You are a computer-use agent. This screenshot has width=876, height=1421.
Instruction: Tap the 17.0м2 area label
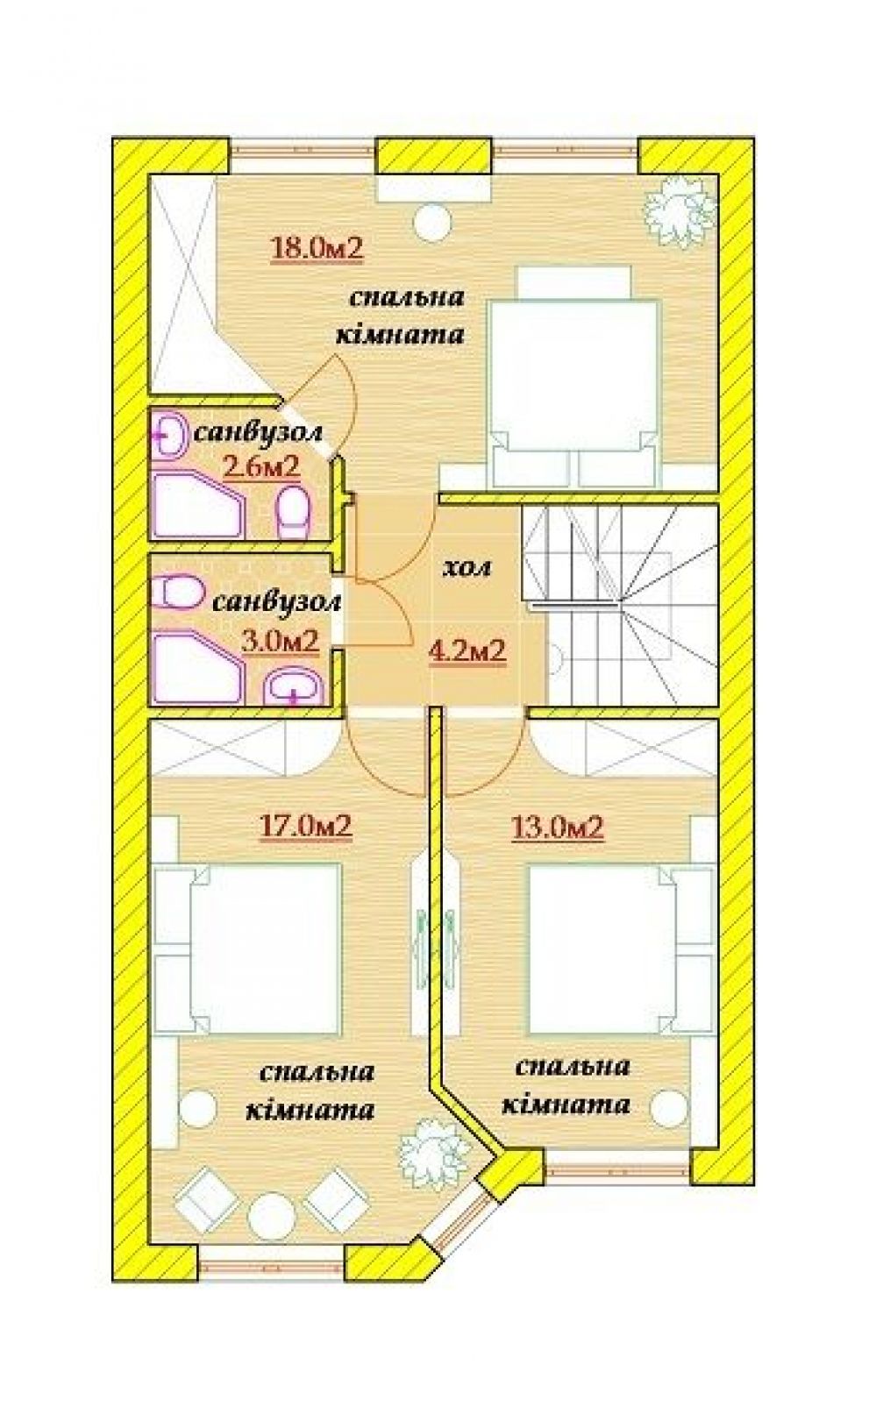[x=306, y=827]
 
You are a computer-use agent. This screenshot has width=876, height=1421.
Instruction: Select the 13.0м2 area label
[x=557, y=827]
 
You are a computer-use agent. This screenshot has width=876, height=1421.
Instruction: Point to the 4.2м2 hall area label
[x=468, y=650]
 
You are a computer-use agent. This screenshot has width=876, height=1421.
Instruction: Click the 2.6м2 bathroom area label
[x=261, y=468]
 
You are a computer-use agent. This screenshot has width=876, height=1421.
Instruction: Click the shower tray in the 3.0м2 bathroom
[x=196, y=667]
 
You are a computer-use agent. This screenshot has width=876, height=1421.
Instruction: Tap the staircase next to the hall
[x=620, y=602]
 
